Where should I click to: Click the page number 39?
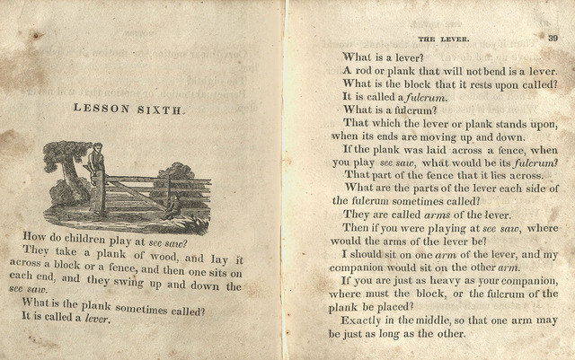point(552,38)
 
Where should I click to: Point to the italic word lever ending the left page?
point(96,318)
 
